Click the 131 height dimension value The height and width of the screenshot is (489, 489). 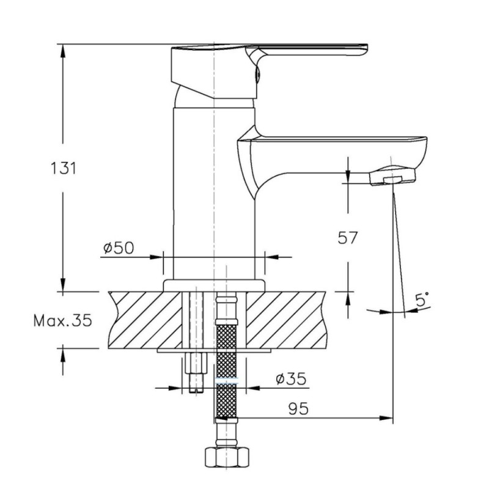[x=64, y=169]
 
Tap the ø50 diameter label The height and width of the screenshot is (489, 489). [x=119, y=248]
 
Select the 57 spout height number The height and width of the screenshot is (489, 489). [x=347, y=238]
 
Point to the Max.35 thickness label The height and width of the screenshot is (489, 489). [x=63, y=320]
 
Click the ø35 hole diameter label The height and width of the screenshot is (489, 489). [x=291, y=378]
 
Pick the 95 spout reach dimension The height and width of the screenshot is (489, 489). [x=298, y=409]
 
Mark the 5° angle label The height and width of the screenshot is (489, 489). [x=422, y=300]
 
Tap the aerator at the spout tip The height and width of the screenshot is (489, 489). [x=392, y=176]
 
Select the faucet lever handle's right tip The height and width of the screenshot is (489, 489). [x=367, y=50]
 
